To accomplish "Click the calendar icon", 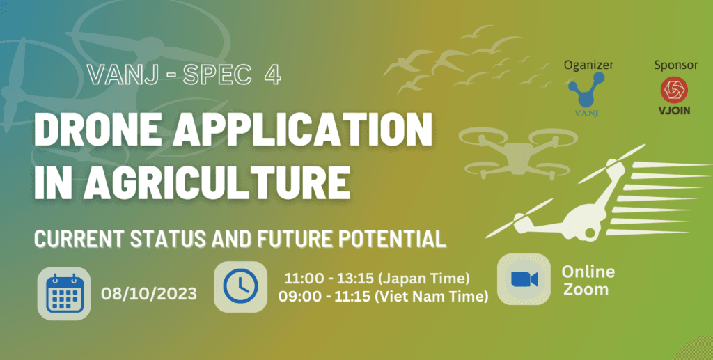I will (x=65, y=293).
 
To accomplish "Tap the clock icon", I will (x=240, y=287).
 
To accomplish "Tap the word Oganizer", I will (x=588, y=65).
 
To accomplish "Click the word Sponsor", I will (x=675, y=65).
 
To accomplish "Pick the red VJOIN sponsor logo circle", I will (x=675, y=90).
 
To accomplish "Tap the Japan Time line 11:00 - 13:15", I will (x=377, y=278).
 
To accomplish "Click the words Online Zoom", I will (x=588, y=280).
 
